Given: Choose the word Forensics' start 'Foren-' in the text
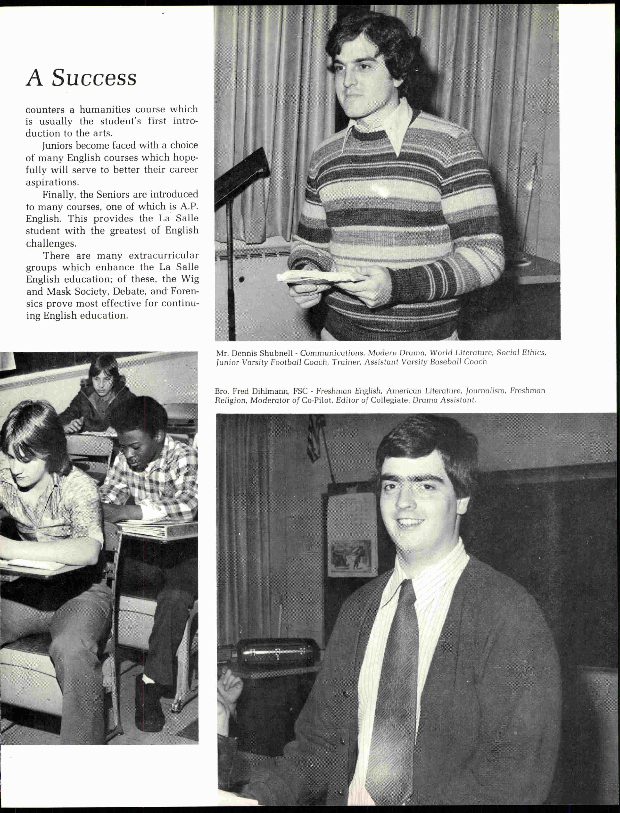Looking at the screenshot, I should click(184, 291).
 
